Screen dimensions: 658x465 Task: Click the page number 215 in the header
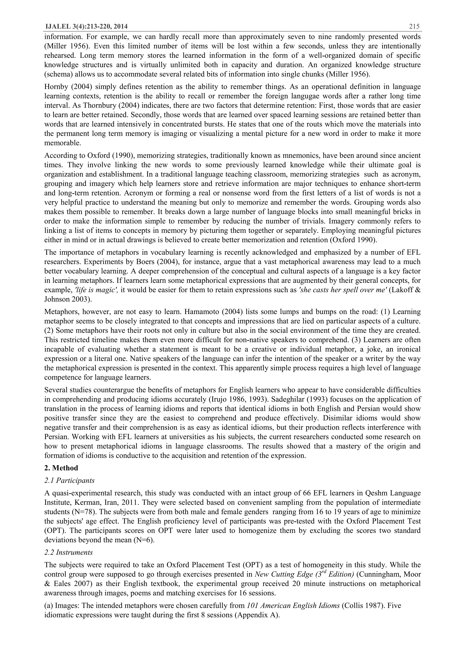pos(414,27)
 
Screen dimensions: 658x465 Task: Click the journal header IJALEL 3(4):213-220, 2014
pos(87,27)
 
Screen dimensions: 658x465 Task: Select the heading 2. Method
pos(61,468)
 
